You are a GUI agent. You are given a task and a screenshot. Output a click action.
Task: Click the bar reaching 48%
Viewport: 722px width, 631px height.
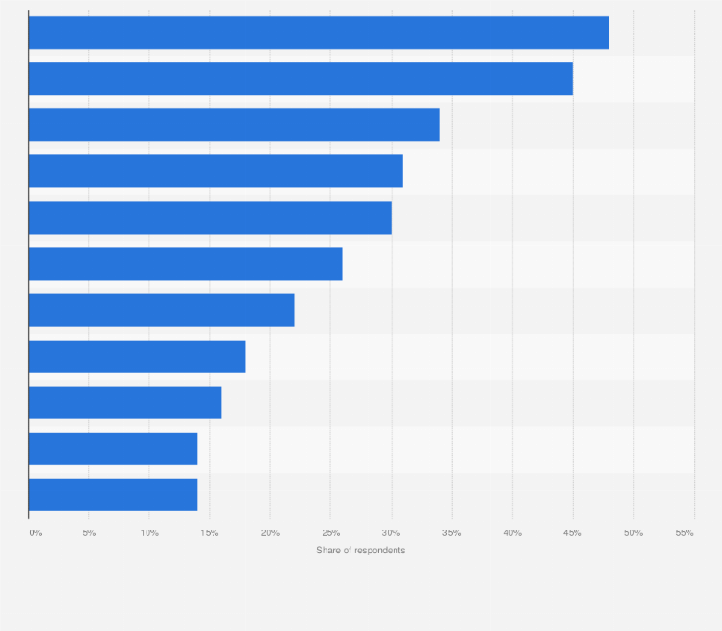[x=318, y=33]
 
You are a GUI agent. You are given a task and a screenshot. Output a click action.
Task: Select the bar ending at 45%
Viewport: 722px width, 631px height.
[x=300, y=79]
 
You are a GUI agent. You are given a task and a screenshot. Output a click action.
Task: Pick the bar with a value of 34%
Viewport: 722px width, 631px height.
[x=234, y=124]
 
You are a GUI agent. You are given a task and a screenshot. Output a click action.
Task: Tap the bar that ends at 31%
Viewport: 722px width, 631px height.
[x=215, y=170]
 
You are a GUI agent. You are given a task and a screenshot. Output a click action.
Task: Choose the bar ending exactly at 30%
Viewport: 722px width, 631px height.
[x=210, y=217]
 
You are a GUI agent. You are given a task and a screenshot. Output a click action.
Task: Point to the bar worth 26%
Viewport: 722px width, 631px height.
[x=185, y=263]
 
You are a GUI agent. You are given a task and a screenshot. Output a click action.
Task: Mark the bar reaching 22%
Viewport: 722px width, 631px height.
[x=161, y=309]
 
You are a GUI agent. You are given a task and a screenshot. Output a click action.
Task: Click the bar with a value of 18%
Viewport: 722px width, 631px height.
[x=137, y=356]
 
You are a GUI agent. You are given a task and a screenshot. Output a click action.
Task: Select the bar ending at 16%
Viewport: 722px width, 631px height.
[x=124, y=402]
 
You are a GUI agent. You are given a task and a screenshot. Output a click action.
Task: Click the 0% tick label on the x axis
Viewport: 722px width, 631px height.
[x=35, y=532]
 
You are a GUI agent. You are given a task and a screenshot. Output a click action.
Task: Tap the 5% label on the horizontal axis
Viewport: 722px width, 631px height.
[x=89, y=532]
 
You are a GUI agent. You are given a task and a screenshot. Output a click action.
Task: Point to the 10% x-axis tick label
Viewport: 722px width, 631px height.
[x=149, y=532]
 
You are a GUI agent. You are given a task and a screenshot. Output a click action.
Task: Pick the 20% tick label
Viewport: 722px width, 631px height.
[x=270, y=532]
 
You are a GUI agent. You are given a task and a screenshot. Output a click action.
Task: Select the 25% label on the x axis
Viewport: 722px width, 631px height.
[x=330, y=532]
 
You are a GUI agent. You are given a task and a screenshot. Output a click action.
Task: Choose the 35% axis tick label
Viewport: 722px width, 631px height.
[x=452, y=532]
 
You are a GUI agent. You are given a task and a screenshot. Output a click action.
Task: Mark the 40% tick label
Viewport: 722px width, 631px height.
[x=512, y=532]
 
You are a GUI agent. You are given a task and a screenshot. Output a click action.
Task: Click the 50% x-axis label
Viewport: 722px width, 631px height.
[x=633, y=532]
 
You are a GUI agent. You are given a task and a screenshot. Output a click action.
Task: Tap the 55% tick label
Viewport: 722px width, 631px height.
[x=685, y=532]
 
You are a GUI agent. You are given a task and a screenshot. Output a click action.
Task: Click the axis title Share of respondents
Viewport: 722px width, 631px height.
[x=360, y=551]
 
